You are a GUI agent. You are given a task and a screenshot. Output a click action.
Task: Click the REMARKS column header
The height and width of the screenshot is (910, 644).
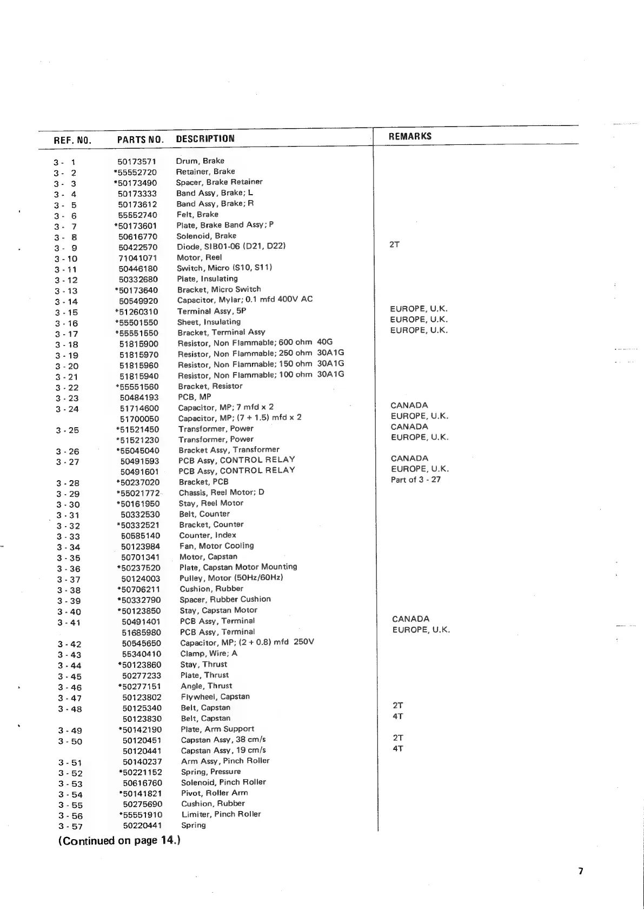(410, 136)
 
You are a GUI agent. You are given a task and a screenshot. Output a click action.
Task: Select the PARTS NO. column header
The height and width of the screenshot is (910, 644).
(140, 140)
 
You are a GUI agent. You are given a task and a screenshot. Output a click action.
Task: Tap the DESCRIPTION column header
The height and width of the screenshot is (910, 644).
(205, 138)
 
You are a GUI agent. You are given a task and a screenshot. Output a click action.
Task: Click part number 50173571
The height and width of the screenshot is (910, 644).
(136, 161)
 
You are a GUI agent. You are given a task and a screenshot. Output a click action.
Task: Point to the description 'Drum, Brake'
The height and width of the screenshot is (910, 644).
(200, 161)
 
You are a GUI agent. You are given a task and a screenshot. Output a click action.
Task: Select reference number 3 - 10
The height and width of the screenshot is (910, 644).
(66, 258)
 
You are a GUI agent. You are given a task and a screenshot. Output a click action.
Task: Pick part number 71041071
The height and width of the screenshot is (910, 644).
(137, 258)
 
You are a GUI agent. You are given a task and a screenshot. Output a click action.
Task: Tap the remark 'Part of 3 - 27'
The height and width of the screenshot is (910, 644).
(415, 480)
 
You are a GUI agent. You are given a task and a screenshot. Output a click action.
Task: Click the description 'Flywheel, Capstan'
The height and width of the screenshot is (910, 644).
(215, 696)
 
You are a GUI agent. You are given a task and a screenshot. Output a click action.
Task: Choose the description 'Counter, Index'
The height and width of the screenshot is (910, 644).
(208, 535)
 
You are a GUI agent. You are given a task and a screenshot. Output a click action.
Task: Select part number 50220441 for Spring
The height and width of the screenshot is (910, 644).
(142, 826)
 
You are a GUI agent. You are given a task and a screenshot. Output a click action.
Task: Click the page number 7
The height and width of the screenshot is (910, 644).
(581, 871)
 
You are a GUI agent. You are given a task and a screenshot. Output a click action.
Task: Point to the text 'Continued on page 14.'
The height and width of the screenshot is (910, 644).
(119, 840)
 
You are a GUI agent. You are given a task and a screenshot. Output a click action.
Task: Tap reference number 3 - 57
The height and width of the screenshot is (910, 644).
(70, 826)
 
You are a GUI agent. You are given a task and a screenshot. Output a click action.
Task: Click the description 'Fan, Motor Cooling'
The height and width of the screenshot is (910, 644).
(216, 546)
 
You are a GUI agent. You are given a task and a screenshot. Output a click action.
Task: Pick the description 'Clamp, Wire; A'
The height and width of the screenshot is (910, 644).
(209, 653)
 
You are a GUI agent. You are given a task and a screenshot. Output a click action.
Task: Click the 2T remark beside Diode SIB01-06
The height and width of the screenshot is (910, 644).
(395, 244)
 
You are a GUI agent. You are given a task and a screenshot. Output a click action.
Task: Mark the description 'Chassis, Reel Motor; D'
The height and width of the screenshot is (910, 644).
(222, 493)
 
